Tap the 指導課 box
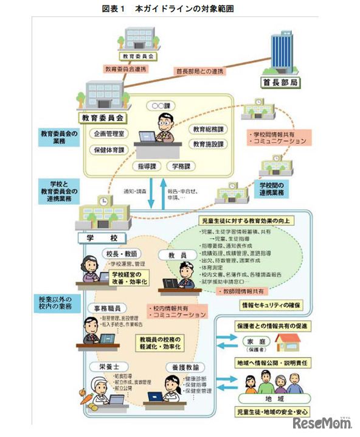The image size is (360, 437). point(148,166)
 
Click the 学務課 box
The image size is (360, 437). point(181,166)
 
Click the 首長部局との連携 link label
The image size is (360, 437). point(199,71)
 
